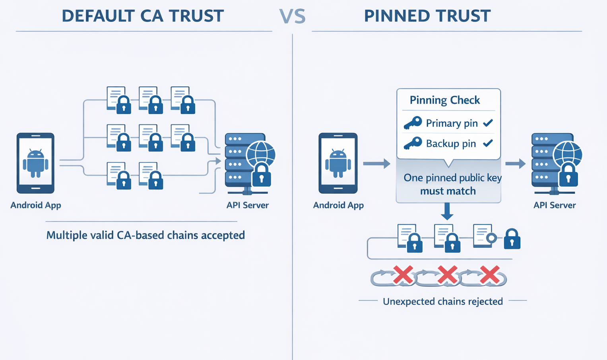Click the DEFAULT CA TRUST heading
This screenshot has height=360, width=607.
pyautogui.click(x=143, y=16)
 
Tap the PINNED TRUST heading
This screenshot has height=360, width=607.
pyautogui.click(x=427, y=16)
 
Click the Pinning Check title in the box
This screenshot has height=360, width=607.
pyautogui.click(x=445, y=100)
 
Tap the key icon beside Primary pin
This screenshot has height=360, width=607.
pyautogui.click(x=413, y=123)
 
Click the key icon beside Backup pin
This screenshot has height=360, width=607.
pyautogui.click(x=413, y=143)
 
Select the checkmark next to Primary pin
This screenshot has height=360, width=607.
pyautogui.click(x=488, y=123)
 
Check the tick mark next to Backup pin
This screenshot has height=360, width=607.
pyautogui.click(x=488, y=143)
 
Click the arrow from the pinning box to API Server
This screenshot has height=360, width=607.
pyautogui.click(x=516, y=163)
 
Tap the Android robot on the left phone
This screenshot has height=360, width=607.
pyautogui.click(x=35, y=163)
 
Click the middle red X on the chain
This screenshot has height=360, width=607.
pyautogui.click(x=447, y=275)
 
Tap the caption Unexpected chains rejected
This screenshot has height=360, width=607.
pyautogui.click(x=443, y=302)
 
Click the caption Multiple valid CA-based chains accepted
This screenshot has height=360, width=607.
pyautogui.click(x=145, y=235)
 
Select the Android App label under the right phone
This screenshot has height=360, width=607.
pyautogui.click(x=338, y=205)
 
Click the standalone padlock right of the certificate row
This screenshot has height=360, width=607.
pyautogui.click(x=512, y=239)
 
